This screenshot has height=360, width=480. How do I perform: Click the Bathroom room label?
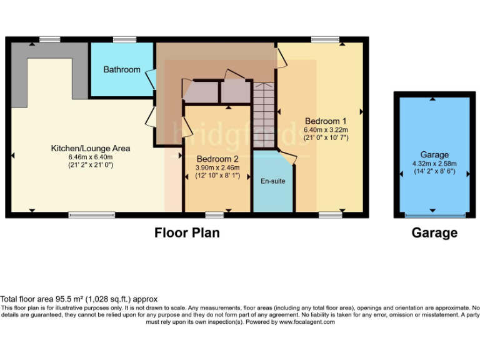[122, 69]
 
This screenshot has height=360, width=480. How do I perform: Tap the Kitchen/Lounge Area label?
[91, 148]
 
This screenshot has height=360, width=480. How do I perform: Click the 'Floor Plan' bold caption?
[187, 233]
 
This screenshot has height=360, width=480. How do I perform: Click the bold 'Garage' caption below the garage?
[434, 233]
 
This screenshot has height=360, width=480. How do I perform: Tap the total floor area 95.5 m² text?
[79, 299]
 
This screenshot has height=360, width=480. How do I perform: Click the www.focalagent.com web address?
[307, 322]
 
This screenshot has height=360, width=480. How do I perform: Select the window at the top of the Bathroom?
[124, 40]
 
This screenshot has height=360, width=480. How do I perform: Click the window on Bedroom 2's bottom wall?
[214, 215]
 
